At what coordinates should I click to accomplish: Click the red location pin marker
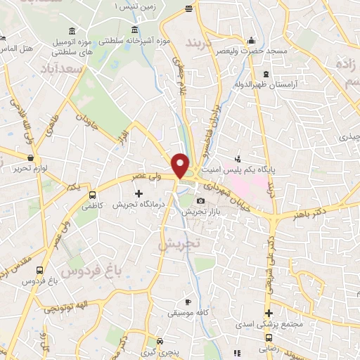181,165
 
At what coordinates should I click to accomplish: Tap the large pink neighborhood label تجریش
179,244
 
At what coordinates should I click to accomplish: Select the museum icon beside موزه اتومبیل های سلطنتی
73,30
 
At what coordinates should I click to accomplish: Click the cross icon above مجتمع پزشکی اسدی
268,313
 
